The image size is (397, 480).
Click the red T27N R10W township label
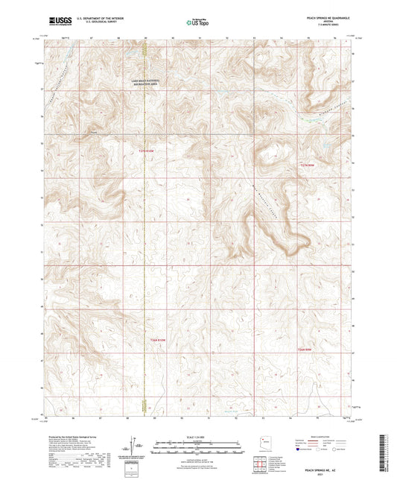click(x=148, y=151)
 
